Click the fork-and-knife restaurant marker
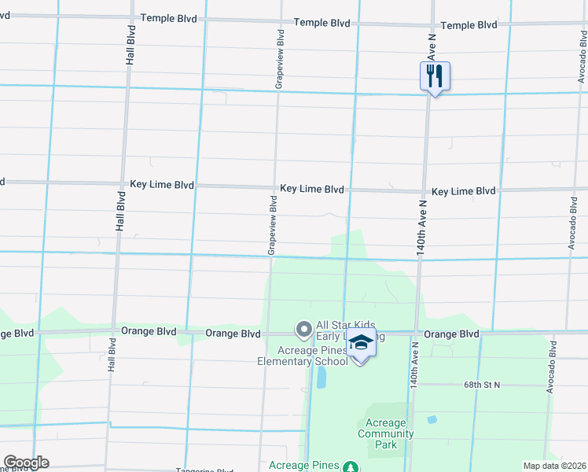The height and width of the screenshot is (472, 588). [x=434, y=76]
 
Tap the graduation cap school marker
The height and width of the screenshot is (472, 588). [x=361, y=344]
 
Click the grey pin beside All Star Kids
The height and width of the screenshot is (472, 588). [x=303, y=328]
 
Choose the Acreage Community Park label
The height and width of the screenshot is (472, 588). [x=385, y=433]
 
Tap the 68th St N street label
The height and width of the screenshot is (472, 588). [x=481, y=385]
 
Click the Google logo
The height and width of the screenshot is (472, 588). [x=26, y=462]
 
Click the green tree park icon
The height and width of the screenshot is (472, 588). [x=351, y=466]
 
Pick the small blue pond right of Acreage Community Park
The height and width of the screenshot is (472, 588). [x=432, y=419]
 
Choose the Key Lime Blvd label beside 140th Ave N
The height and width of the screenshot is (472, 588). [x=463, y=191]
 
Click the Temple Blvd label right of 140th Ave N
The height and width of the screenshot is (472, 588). [x=469, y=25]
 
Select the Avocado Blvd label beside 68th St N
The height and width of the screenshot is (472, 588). [x=552, y=369]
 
